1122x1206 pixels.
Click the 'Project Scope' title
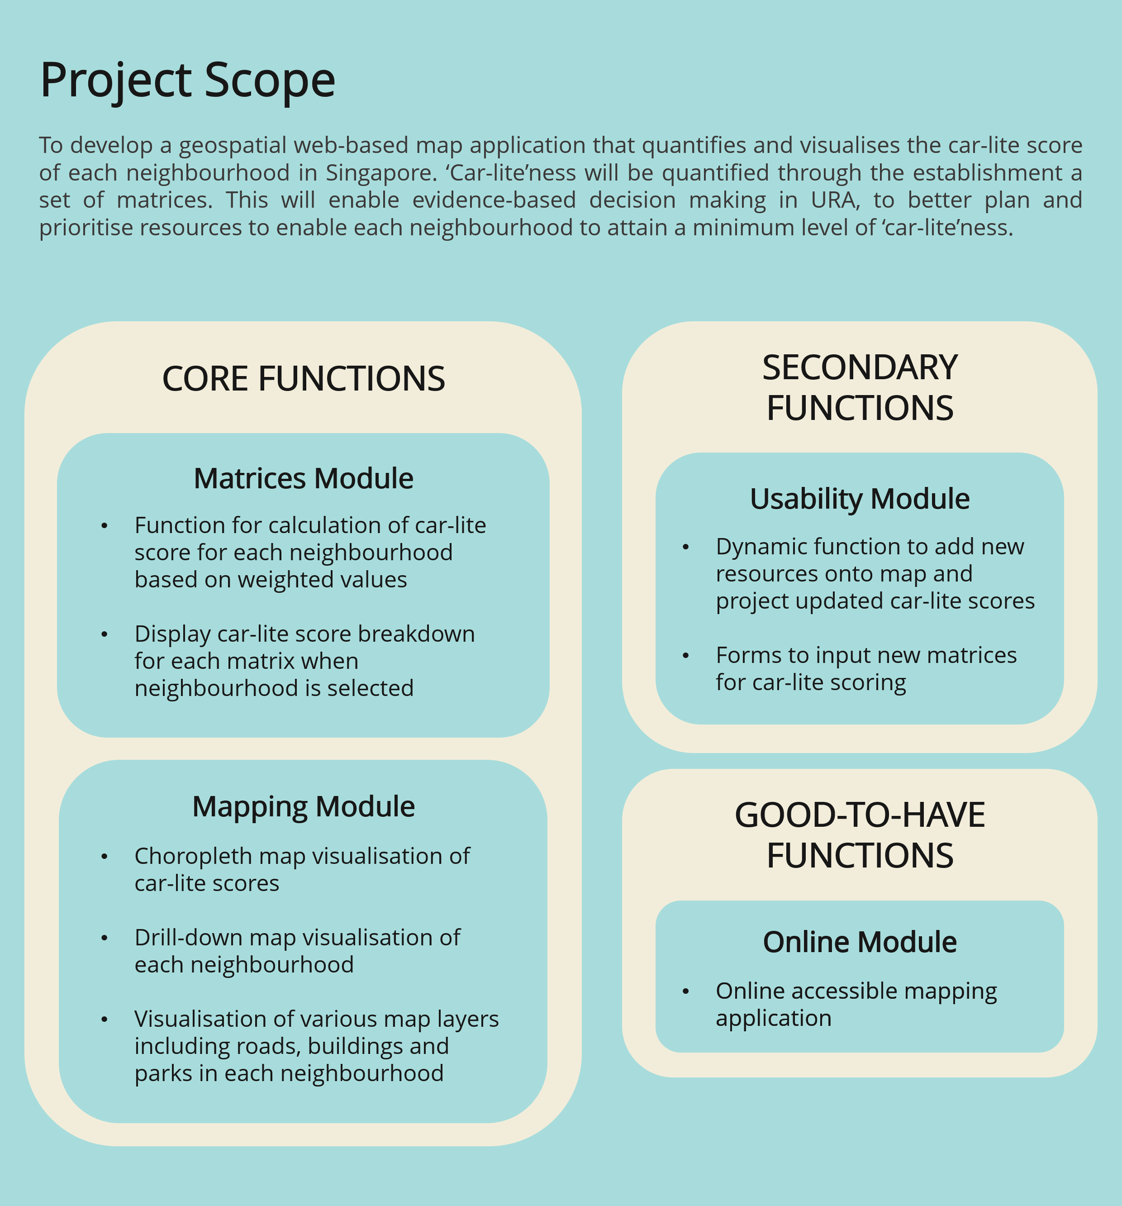click(187, 81)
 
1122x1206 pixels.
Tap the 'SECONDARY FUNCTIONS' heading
click(860, 388)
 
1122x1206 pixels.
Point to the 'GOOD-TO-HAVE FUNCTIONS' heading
click(860, 835)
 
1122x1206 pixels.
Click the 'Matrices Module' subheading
click(303, 479)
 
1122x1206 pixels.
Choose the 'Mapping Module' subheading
click(303, 807)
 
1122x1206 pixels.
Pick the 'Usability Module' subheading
click(860, 499)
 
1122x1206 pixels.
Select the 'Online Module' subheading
click(860, 942)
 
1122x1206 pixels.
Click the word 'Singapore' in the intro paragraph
click(381, 173)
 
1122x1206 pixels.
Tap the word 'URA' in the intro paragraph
click(835, 200)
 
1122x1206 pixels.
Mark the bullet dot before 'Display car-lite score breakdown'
click(105, 634)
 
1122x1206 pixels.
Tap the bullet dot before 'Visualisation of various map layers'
click(105, 1019)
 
